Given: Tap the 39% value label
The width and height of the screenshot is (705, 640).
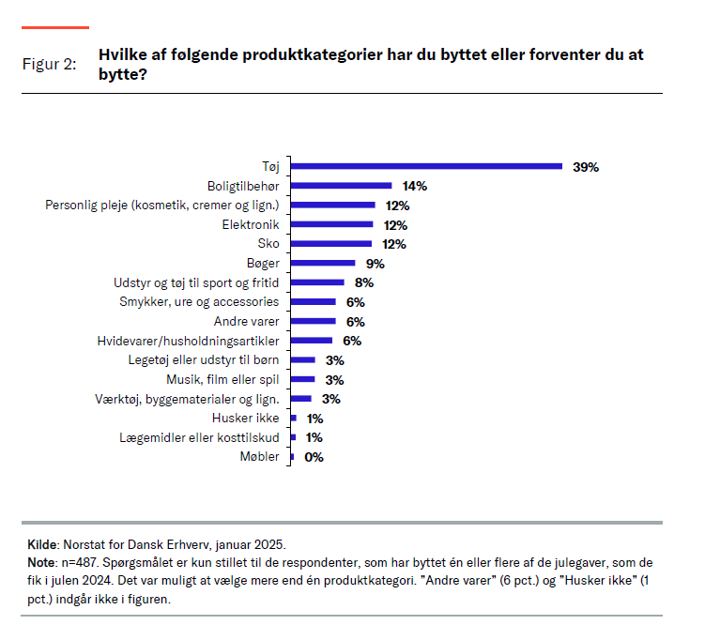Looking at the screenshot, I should tap(585, 167).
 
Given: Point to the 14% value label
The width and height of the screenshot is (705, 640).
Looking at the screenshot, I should tap(414, 186).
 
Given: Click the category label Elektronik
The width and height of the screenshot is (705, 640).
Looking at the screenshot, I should tap(251, 225).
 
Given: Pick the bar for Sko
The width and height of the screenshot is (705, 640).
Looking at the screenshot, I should tap(332, 244).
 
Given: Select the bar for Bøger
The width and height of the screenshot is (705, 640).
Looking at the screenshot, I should tap(323, 264).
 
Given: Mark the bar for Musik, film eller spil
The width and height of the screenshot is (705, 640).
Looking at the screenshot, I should tap(303, 380).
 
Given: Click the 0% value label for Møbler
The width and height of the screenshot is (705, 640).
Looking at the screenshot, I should tap(314, 457).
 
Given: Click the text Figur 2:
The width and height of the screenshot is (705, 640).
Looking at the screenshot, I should tap(49, 64).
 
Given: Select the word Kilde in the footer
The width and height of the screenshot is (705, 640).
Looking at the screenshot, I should tap(43, 544).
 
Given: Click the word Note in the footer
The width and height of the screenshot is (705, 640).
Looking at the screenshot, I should tap(42, 561).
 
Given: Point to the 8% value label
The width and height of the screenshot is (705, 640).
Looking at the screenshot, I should tap(364, 282).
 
